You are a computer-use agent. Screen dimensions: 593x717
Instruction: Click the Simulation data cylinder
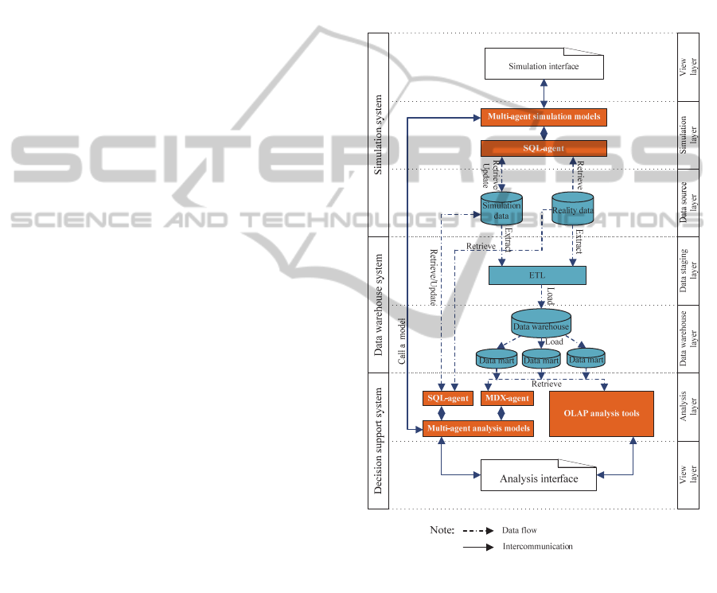click(x=501, y=209)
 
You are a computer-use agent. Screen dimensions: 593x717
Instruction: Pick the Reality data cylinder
click(x=573, y=209)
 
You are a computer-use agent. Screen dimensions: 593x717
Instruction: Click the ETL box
click(x=537, y=275)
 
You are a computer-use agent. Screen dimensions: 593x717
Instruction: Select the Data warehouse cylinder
click(x=541, y=325)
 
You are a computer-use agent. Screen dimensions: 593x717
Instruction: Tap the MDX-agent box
click(x=506, y=398)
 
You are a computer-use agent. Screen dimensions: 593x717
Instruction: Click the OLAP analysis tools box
click(x=602, y=413)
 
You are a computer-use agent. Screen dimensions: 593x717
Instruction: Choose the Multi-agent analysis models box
click(x=477, y=428)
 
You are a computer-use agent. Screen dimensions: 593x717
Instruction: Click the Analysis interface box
click(x=539, y=478)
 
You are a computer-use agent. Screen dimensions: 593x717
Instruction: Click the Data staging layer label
click(x=688, y=271)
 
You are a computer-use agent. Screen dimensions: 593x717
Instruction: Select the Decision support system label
click(x=379, y=439)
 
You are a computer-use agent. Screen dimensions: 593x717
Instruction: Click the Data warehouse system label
click(x=379, y=304)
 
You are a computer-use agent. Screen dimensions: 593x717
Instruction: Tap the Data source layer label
click(x=688, y=203)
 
